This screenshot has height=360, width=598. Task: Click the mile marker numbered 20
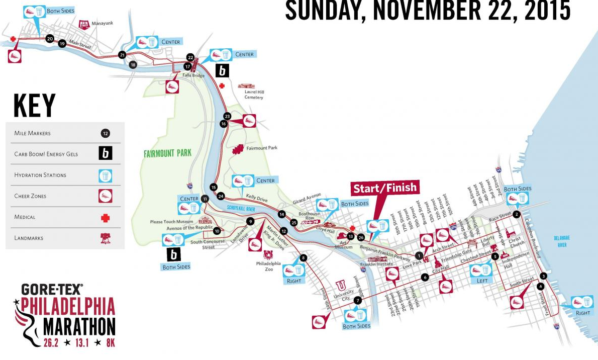[x=49, y=38]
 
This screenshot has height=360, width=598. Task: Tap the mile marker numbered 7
[x=358, y=300]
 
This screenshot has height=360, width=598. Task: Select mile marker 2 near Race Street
[x=516, y=214]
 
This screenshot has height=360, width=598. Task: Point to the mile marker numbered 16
[x=224, y=123]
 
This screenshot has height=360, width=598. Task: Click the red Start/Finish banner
[x=385, y=188]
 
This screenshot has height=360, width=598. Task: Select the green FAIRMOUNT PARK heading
[x=167, y=153]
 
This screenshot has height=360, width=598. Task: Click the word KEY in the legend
[x=34, y=105]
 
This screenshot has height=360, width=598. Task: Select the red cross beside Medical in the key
[x=105, y=218]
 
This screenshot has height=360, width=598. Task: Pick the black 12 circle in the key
[x=105, y=133]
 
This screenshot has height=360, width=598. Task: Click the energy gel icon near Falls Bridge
[x=222, y=70]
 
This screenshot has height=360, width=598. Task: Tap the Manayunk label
[x=101, y=23]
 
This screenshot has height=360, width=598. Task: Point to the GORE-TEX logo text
[x=52, y=289]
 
